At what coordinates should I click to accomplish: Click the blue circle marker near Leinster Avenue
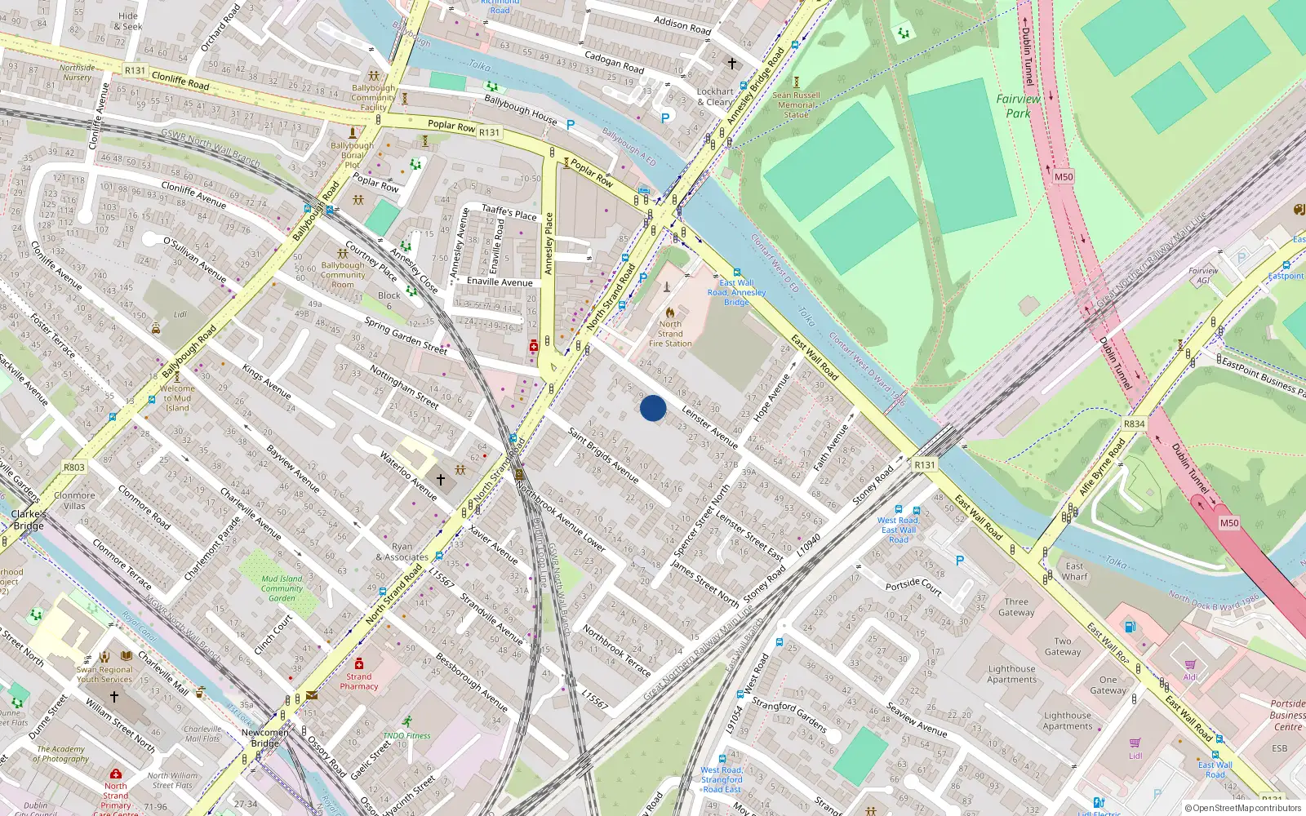click(x=653, y=408)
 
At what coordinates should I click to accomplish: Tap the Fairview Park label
click(x=1018, y=106)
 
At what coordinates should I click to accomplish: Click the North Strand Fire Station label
click(x=670, y=334)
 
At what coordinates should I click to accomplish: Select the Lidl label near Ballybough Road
click(x=180, y=314)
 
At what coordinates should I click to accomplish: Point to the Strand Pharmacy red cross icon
click(x=358, y=663)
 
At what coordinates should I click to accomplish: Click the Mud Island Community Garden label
click(x=282, y=588)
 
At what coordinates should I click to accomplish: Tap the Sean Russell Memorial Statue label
click(x=797, y=104)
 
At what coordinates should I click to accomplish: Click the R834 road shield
click(x=1134, y=424)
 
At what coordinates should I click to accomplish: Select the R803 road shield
click(x=74, y=468)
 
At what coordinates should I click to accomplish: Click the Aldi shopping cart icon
click(x=1190, y=664)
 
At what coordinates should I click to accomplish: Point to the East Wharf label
click(x=1074, y=571)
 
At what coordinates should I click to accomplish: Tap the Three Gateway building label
click(x=1016, y=607)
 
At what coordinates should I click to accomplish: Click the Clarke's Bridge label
click(x=29, y=520)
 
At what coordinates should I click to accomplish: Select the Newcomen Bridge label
click(x=265, y=738)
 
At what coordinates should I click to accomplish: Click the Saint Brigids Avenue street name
click(x=603, y=455)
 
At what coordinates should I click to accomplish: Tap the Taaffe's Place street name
click(x=509, y=212)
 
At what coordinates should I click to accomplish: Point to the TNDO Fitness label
click(x=406, y=735)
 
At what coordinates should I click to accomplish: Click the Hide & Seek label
click(x=128, y=21)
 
